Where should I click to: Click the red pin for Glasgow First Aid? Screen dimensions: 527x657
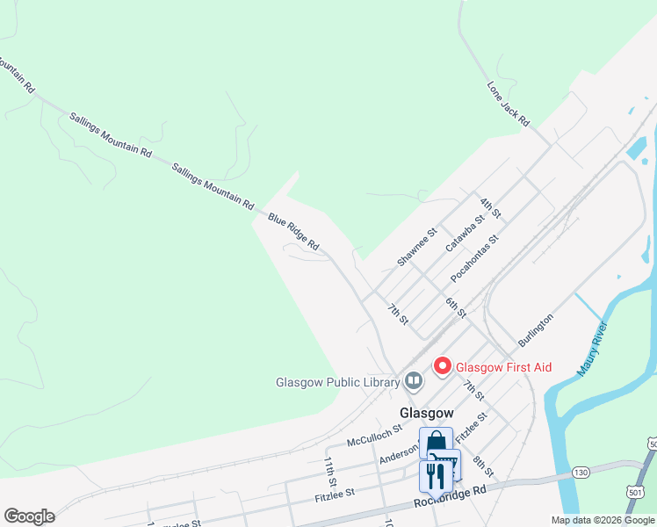pos(443,365)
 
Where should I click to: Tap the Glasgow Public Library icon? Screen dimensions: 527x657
pos(414,381)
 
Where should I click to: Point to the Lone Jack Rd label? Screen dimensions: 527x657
pos(509,103)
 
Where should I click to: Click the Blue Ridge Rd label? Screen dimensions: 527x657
pos(293,232)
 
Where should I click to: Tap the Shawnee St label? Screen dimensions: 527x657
pos(416,248)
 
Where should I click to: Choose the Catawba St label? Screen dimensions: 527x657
pos(466,234)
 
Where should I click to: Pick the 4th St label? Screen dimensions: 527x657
pos(490,208)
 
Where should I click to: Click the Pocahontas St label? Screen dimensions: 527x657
pos(474,258)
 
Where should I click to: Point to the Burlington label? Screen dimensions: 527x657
pos(535,332)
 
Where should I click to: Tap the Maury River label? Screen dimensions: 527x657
pos(593,350)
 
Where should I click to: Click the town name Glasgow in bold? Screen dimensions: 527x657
pos(427,413)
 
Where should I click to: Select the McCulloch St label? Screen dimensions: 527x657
pos(373,434)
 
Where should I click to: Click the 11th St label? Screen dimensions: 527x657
pos(330,471)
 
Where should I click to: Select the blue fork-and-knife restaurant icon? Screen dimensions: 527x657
pos(436,475)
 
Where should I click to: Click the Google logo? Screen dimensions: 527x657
pos(29,516)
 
